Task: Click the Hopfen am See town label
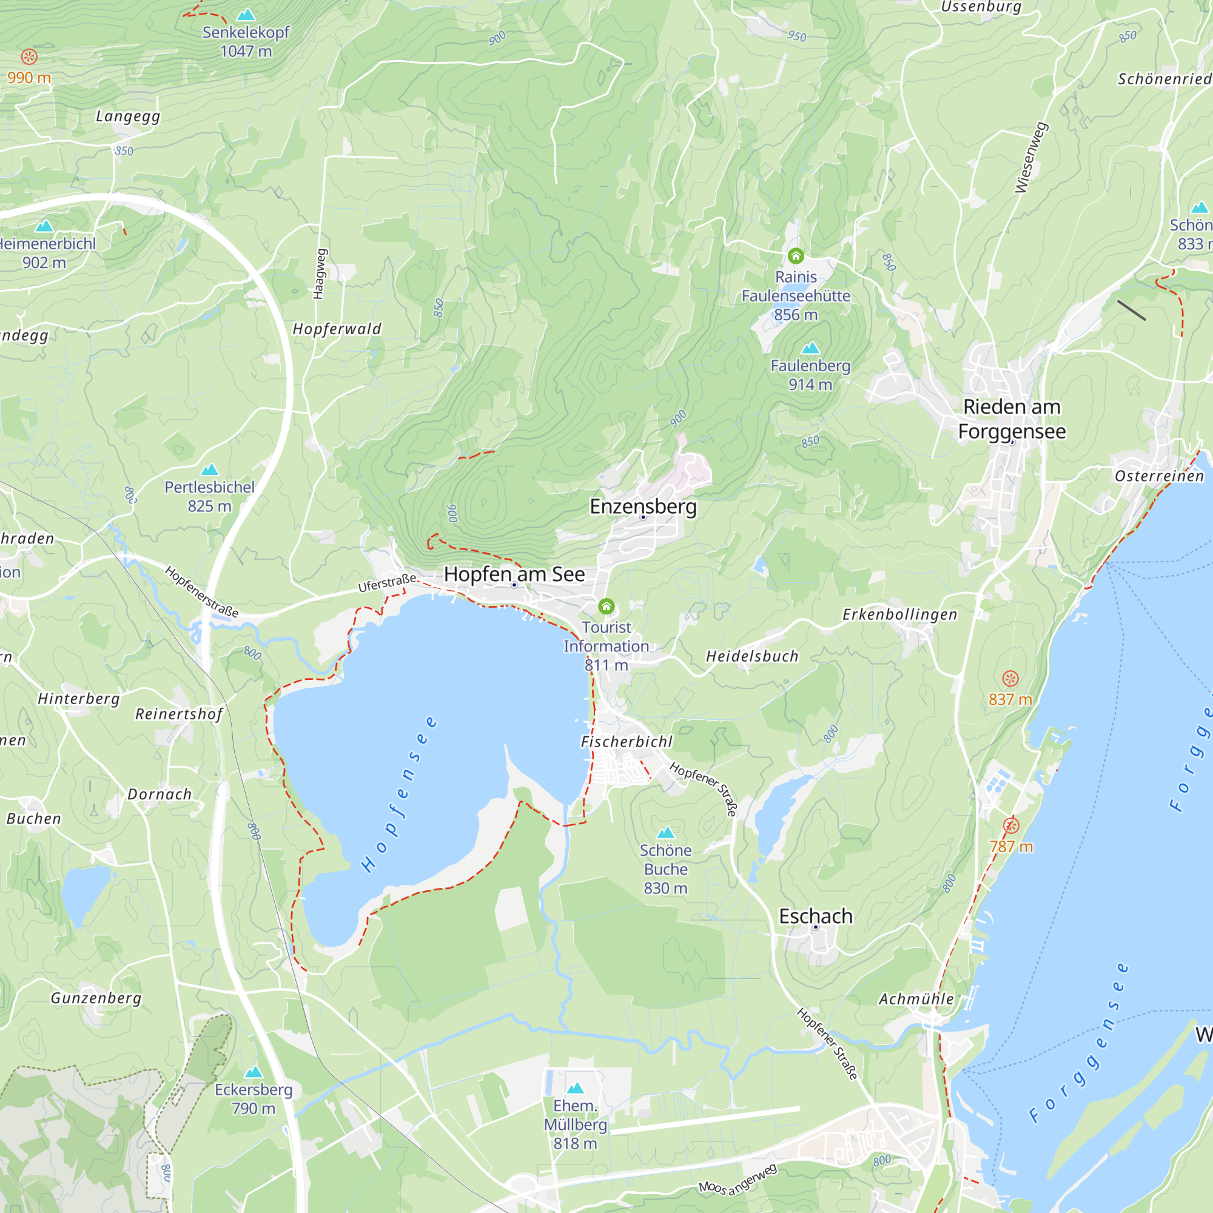point(514,574)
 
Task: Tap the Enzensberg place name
point(643,506)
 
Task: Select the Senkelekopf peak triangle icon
point(246,15)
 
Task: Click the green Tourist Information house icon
point(606,606)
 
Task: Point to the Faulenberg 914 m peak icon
point(810,348)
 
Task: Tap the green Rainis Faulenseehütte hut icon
point(796,255)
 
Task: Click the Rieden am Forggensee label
point(1012,418)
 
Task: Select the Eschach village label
point(816,916)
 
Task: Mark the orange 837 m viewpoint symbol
point(1010,678)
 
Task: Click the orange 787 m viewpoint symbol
point(1011,825)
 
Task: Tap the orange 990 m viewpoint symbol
point(29,57)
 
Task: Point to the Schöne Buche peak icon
point(665,833)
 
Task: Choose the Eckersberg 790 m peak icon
point(254,1072)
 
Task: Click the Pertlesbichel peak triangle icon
point(210,469)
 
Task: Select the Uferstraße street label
point(387,582)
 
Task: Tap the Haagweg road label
point(320,274)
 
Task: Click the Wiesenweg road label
point(1031,158)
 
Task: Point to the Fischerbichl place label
point(626,742)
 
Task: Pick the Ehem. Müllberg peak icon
point(575,1088)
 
